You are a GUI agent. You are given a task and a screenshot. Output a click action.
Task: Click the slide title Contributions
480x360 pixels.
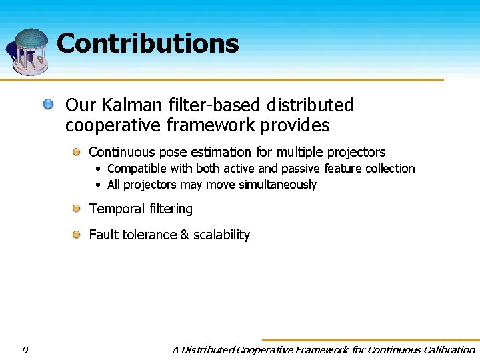coord(147,43)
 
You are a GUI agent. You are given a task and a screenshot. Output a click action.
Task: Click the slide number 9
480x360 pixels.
coord(25,349)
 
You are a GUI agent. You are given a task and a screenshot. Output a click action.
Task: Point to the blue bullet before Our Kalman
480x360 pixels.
coord(49,104)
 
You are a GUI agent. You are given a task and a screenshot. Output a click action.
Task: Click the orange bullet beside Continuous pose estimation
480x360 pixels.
coord(77,152)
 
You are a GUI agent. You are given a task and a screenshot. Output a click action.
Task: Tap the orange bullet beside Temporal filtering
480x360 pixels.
coord(77,209)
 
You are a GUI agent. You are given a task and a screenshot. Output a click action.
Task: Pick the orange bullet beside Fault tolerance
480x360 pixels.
coord(77,234)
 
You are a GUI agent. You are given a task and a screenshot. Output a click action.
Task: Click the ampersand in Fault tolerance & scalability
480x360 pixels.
coord(184,235)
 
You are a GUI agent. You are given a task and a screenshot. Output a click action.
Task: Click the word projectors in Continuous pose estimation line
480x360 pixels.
coord(356,153)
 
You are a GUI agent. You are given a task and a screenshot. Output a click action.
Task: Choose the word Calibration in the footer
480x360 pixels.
coord(441,349)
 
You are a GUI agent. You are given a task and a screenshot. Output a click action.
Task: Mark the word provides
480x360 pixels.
coord(297,125)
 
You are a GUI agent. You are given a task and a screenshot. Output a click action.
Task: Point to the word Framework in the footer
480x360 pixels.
coord(322,349)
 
